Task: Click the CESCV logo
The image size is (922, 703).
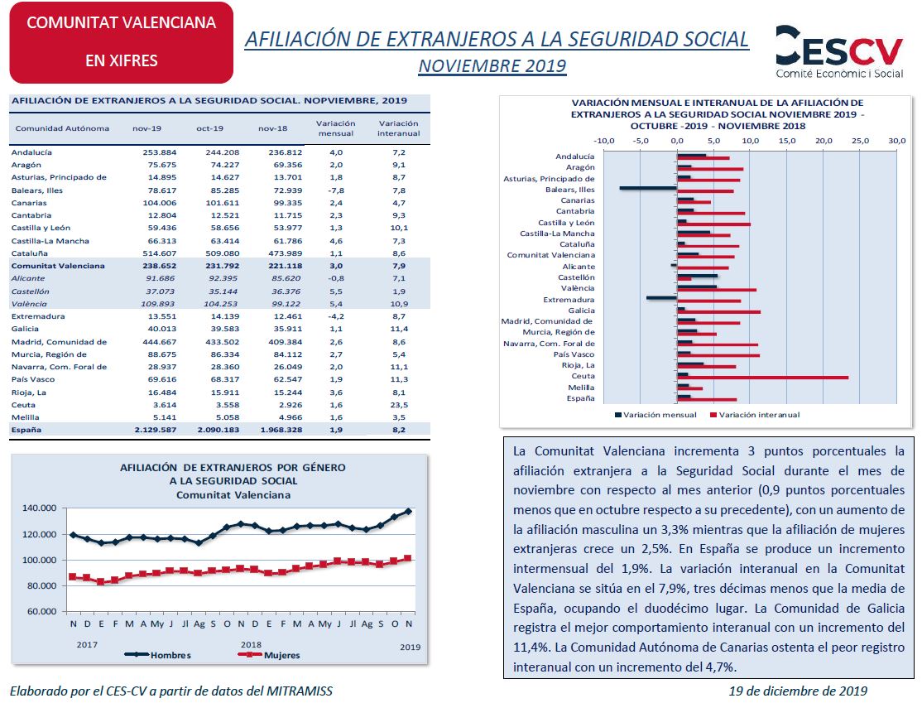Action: click(x=839, y=51)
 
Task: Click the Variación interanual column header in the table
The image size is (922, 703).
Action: click(x=399, y=128)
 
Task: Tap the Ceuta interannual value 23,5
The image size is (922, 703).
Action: click(x=399, y=405)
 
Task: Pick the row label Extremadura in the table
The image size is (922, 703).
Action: click(x=37, y=316)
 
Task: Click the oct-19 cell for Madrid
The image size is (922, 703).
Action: click(x=223, y=342)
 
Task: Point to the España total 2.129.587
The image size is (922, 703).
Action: click(x=156, y=430)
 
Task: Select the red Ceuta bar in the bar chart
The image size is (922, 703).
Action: click(x=762, y=378)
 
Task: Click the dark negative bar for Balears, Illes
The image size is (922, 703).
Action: click(x=648, y=188)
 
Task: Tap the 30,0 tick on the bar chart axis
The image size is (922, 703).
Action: click(x=896, y=142)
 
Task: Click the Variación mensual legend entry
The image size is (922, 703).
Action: click(x=655, y=415)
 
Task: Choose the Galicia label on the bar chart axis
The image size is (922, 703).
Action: click(x=581, y=311)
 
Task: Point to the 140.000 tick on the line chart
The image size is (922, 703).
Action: click(x=40, y=508)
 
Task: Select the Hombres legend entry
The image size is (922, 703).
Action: click(x=157, y=655)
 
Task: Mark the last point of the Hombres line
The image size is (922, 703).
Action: click(x=409, y=512)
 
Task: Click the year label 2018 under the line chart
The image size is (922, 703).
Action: click(x=251, y=645)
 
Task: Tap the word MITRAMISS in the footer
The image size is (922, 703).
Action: click(x=300, y=691)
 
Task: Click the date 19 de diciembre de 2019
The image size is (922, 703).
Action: click(x=798, y=691)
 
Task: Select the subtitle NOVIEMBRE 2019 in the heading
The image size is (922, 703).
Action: click(x=492, y=66)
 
